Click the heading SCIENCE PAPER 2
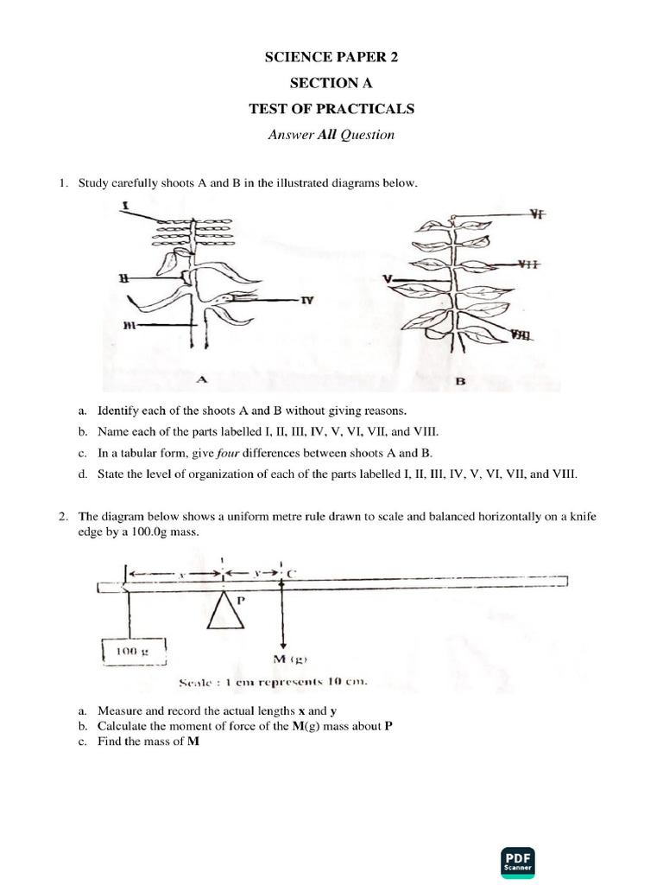click(x=331, y=58)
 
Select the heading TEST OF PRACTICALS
click(x=331, y=109)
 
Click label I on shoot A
click(x=126, y=207)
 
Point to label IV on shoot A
click(x=306, y=301)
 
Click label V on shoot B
click(x=388, y=279)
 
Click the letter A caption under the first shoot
click(x=203, y=378)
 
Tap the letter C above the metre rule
click(x=292, y=573)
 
